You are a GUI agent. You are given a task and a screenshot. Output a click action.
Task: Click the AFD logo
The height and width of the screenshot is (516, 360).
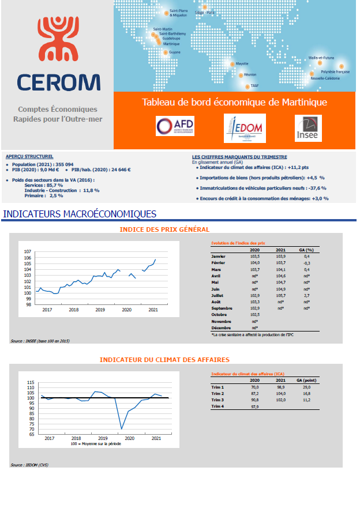(175, 126)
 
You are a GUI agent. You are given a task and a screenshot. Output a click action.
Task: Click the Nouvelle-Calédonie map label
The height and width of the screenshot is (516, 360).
(325, 78)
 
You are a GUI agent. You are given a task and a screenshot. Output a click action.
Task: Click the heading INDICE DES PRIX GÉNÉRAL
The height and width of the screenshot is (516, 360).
(164, 229)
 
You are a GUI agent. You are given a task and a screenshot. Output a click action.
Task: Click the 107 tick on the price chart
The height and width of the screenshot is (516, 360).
(27, 252)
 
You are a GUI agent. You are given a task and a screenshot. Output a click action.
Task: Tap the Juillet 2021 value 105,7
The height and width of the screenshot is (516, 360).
(282, 294)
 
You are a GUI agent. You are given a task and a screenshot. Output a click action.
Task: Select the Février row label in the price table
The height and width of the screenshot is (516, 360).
(219, 262)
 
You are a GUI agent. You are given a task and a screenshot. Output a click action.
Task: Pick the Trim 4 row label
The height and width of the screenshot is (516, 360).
(218, 406)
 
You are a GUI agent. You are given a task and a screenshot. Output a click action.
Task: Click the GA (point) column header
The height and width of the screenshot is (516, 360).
(305, 380)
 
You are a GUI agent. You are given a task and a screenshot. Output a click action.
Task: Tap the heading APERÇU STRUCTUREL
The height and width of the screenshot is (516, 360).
(29, 156)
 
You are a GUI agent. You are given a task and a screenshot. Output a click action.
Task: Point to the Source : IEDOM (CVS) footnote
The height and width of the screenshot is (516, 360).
(26, 464)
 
